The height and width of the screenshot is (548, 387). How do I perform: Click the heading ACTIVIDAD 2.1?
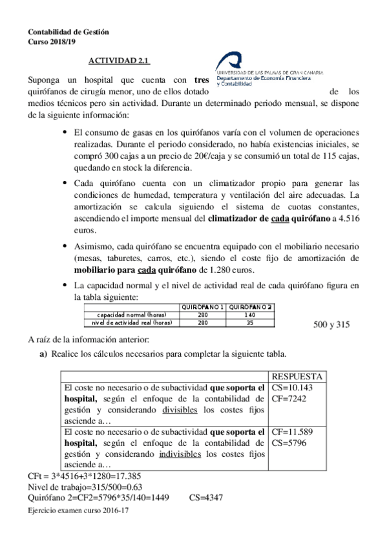[x=119, y=61]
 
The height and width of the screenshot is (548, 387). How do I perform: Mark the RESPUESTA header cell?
[x=297, y=377]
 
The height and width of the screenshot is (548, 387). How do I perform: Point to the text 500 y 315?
[x=331, y=325]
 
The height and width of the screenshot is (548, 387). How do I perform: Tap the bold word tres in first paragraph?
[x=202, y=80]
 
